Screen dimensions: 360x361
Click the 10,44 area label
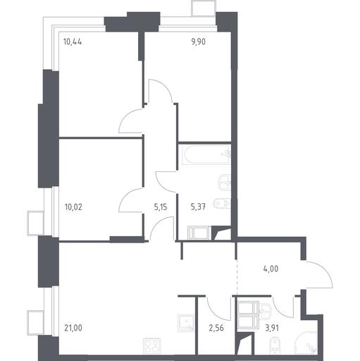pyautogui.click(x=73, y=42)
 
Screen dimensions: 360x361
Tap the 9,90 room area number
pyautogui.click(x=199, y=42)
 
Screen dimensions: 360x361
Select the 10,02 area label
pyautogui.click(x=73, y=207)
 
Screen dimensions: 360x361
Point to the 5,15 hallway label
pyautogui.click(x=161, y=207)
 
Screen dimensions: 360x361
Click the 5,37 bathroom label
pyautogui.click(x=199, y=207)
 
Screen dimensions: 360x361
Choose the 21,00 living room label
pyautogui.click(x=73, y=328)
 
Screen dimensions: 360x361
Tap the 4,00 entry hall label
pyautogui.click(x=271, y=269)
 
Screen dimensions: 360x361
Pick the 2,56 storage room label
pyautogui.click(x=216, y=328)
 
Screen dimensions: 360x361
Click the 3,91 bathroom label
pyautogui.click(x=272, y=328)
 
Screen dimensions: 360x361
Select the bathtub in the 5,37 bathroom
pyautogui.click(x=206, y=155)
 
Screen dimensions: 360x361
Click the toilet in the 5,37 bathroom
pyautogui.click(x=223, y=204)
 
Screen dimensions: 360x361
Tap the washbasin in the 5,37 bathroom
pyautogui.click(x=225, y=183)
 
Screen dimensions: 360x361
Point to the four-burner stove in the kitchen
pyautogui.click(x=152, y=346)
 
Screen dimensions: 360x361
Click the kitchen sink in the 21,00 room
pyautogui.click(x=186, y=323)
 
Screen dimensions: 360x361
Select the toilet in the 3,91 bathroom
pyautogui.click(x=274, y=345)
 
